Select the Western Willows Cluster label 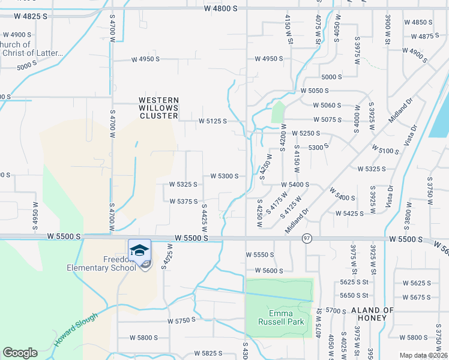[x=158, y=108]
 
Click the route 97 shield [x=307, y=238]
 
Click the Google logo [x=20, y=353]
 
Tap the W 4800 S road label [x=225, y=9]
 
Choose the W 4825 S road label [x=25, y=16]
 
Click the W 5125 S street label [x=213, y=121]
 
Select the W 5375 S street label [x=184, y=202]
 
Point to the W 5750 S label [x=181, y=320]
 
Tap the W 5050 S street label [x=315, y=91]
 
